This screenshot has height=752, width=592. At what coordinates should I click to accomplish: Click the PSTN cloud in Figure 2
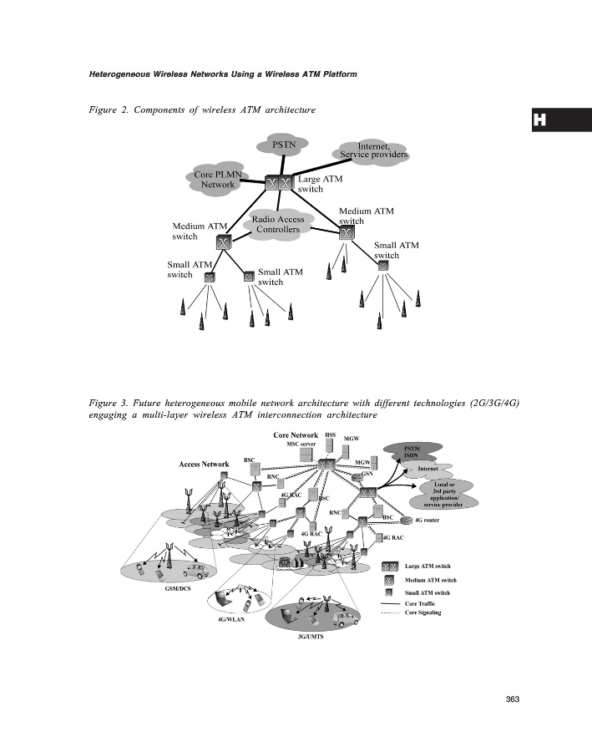point(285,145)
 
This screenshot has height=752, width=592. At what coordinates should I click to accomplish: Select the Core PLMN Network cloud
point(218,179)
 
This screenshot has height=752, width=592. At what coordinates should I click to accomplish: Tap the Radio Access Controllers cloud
point(278,224)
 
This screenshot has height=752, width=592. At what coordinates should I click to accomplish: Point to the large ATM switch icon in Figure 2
point(279,183)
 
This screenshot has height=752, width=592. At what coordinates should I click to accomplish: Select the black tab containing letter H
point(560,120)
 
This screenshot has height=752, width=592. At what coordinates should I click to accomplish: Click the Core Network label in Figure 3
point(296,435)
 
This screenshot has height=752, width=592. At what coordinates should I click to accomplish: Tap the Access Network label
point(204,465)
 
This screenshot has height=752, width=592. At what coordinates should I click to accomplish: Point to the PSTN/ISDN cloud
point(412,452)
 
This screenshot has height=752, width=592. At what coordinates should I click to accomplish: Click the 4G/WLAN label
point(231,619)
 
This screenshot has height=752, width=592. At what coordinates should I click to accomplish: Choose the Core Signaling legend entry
point(422,613)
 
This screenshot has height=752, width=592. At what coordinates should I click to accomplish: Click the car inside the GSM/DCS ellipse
point(196,572)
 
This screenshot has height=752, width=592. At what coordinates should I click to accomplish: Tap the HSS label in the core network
point(330,435)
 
